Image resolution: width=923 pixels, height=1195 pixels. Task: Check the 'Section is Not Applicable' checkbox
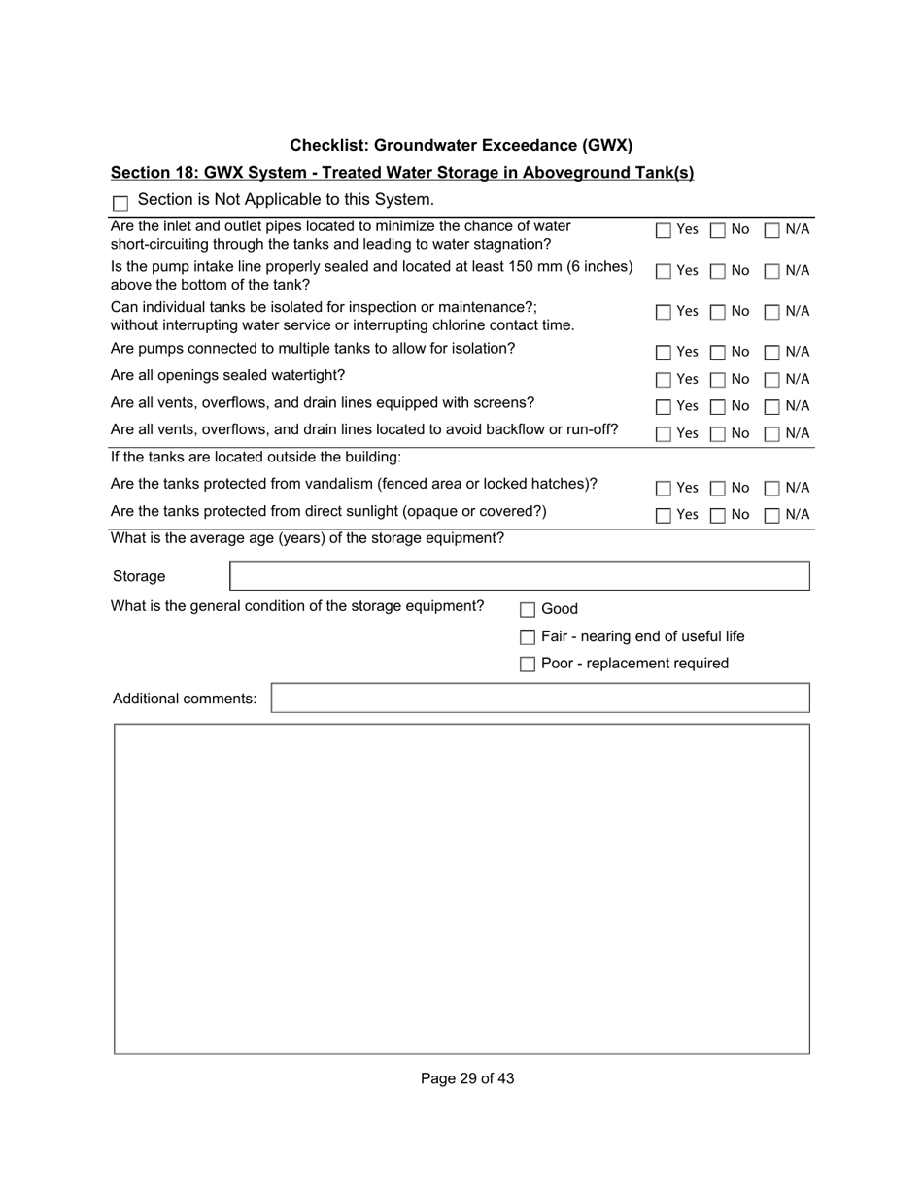coord(120,203)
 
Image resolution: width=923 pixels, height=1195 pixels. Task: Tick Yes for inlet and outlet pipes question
coord(663,231)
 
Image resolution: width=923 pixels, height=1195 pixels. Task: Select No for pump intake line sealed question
coord(717,272)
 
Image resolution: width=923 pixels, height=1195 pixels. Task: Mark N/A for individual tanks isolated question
coord(771,313)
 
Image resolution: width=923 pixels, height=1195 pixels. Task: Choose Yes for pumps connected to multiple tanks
coord(663,353)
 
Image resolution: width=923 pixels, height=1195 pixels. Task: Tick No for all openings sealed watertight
coord(717,380)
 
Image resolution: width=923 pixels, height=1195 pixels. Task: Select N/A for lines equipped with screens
coord(771,407)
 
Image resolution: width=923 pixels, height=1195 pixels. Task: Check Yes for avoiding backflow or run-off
coord(663,434)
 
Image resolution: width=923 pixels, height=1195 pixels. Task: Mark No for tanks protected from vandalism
coord(717,489)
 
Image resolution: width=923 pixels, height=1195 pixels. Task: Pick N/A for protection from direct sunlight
coord(771,516)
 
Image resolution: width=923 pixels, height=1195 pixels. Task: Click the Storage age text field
coord(519,576)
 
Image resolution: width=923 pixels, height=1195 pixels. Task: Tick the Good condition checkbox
coord(528,610)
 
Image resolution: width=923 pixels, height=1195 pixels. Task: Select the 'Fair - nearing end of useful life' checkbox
coord(528,637)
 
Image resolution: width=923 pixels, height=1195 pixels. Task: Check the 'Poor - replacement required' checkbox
coord(528,665)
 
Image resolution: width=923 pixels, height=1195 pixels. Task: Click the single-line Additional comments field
coord(539,699)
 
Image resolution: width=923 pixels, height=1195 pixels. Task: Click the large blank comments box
coord(461,888)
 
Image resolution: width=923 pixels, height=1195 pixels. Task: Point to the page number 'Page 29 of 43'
coord(467,1078)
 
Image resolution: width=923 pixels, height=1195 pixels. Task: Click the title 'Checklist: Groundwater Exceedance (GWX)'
coord(461,146)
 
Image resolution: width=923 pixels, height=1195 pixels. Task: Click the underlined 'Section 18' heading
coord(402,173)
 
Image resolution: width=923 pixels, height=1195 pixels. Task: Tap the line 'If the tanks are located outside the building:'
coord(256,457)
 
